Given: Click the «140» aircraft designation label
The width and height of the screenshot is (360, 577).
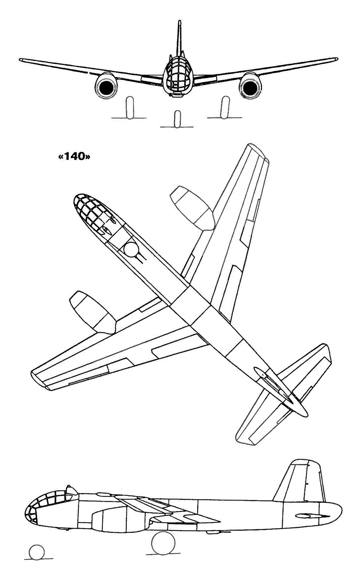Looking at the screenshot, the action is [74, 157].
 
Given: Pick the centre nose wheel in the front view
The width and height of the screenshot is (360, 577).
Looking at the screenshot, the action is [177, 119].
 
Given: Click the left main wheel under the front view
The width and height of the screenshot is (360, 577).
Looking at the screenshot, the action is [130, 107].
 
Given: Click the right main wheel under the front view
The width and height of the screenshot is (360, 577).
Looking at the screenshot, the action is [225, 107].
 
